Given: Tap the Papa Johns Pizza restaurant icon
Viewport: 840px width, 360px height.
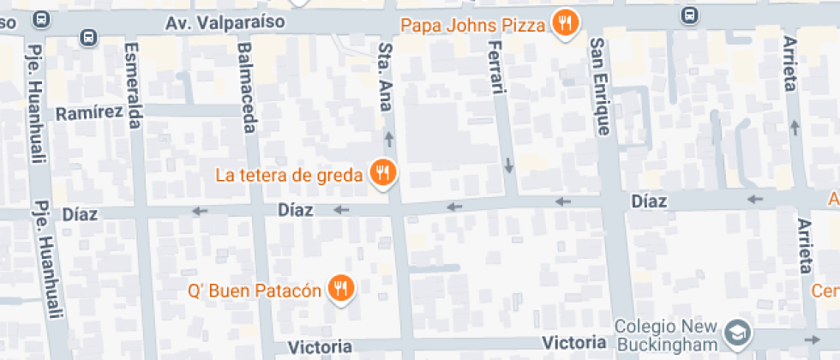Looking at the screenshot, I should [564, 23].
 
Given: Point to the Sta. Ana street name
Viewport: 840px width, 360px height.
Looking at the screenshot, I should [385, 77].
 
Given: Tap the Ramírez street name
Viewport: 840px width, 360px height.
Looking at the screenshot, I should [89, 113].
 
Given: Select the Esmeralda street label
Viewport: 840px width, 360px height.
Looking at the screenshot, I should [133, 86].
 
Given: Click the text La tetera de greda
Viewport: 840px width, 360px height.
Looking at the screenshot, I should [289, 176].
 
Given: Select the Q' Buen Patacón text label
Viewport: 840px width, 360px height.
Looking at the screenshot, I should [255, 291].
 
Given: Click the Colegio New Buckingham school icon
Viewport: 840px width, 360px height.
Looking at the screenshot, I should [736, 331].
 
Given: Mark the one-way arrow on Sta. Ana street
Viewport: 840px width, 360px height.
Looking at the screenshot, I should [389, 137].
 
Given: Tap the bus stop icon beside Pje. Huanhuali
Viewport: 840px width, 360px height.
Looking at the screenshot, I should [87, 37].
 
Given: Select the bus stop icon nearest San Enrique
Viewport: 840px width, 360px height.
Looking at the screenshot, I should [689, 15].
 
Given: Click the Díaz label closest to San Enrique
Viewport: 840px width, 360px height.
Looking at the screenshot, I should [649, 201].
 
